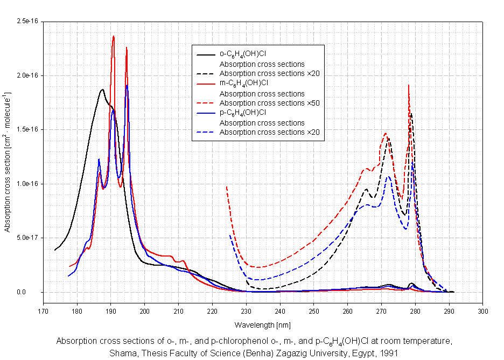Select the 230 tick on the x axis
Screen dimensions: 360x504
(246, 311)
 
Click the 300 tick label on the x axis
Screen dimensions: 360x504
(483, 311)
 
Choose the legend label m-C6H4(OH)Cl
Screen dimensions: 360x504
(243, 83)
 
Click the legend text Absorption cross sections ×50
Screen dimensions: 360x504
(270, 103)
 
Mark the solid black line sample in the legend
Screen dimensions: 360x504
(205, 54)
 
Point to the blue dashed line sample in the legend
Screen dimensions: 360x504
(205, 133)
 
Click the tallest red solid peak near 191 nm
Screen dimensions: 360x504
(114, 37)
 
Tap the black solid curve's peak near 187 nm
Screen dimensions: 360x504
(102, 90)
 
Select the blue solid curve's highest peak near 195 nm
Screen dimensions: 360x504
(127, 85)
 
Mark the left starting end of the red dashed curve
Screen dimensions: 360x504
(226, 186)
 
